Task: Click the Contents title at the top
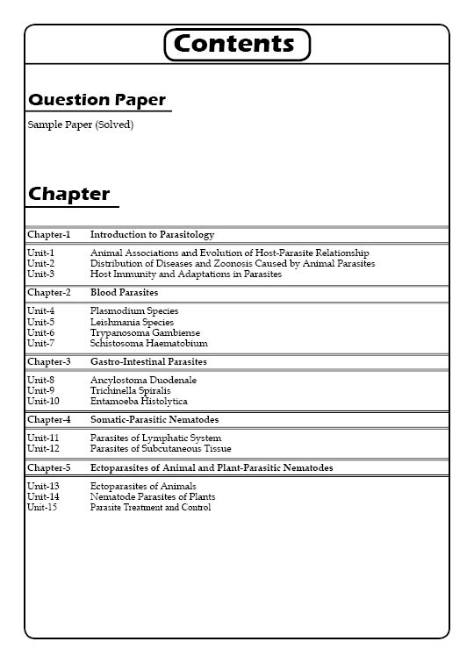tap(237, 44)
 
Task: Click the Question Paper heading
tap(97, 100)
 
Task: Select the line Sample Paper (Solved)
tap(81, 125)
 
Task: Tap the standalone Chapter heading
tap(69, 194)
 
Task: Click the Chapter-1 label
tap(49, 235)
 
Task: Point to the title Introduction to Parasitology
tap(152, 235)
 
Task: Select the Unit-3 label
tap(41, 274)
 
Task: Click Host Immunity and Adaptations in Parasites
tap(186, 274)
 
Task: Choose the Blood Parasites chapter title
tap(124, 292)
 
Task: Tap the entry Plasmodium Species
tap(134, 311)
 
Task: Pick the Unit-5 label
tap(41, 323)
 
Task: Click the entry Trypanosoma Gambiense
tap(145, 333)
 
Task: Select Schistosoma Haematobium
tap(149, 344)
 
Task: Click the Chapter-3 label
tap(49, 361)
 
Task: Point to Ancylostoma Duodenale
tap(143, 381)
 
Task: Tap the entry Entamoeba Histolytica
tap(139, 402)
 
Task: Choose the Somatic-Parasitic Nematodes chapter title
tap(154, 420)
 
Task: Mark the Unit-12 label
tap(44, 449)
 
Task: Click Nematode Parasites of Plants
tap(153, 497)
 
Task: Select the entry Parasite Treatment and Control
tap(150, 508)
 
